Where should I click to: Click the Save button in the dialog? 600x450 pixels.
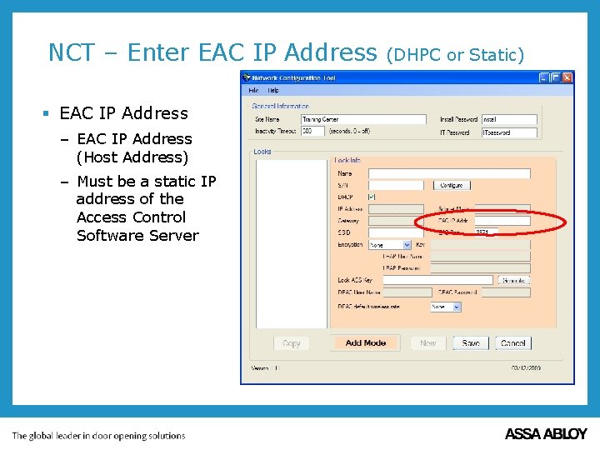pos(471,342)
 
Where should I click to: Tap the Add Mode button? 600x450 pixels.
pos(366,342)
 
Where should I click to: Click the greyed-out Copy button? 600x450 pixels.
pos(292,342)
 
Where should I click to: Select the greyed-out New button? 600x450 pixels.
pos(428,342)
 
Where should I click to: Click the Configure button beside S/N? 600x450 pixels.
pos(452,185)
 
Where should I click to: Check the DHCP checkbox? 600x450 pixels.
pos(372,197)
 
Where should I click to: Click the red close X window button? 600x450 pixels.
pos(567,77)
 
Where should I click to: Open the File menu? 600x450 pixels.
pos(253,90)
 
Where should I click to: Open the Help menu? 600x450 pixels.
pos(272,90)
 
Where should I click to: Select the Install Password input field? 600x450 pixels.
pos(508,119)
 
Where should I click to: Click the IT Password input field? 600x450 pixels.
pos(508,132)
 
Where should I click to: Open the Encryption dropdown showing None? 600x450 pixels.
pos(390,245)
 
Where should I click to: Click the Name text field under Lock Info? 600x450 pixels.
pos(448,173)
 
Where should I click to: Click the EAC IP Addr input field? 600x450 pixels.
pos(501,221)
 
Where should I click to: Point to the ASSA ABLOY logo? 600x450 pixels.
pos(546,434)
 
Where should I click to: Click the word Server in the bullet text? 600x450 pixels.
pos(172,235)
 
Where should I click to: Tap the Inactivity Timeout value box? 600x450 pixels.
pos(312,131)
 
